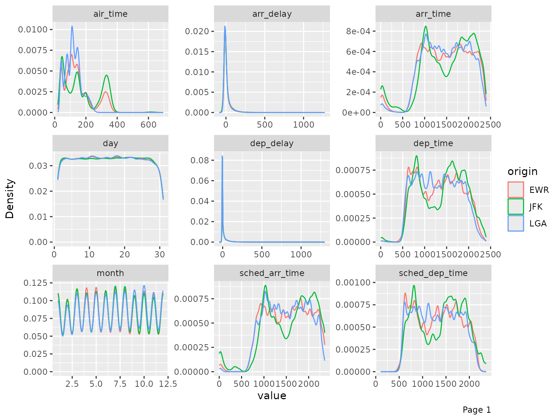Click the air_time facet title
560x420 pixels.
point(110,14)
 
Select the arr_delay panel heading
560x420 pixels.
point(272,14)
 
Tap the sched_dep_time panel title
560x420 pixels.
point(433,273)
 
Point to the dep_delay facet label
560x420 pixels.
point(272,143)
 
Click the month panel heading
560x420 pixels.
point(110,273)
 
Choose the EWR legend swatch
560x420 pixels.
point(516,190)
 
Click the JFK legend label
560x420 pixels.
point(536,207)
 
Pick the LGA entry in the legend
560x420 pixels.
point(538,223)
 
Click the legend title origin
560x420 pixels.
point(522,171)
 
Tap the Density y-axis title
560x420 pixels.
point(10,199)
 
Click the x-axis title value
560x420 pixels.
point(272,396)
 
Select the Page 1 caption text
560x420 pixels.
point(477,410)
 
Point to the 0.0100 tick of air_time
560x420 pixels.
point(33,30)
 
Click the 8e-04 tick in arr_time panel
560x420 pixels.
point(358,31)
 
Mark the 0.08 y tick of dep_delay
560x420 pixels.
point(201,160)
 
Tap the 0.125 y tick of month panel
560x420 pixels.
point(35,283)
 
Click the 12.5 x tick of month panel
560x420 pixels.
point(168,384)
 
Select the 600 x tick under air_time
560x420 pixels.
point(148,125)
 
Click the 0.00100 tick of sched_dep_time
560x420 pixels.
point(353,283)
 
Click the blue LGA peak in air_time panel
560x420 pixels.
point(72,26)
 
